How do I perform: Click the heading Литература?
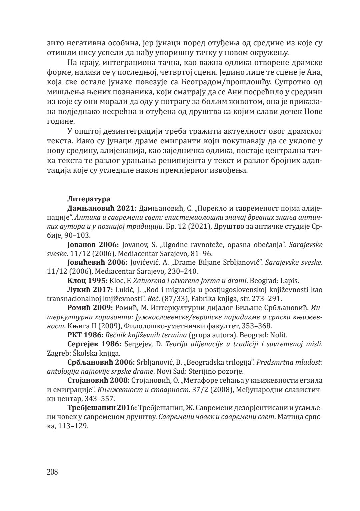click(x=89, y=199)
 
